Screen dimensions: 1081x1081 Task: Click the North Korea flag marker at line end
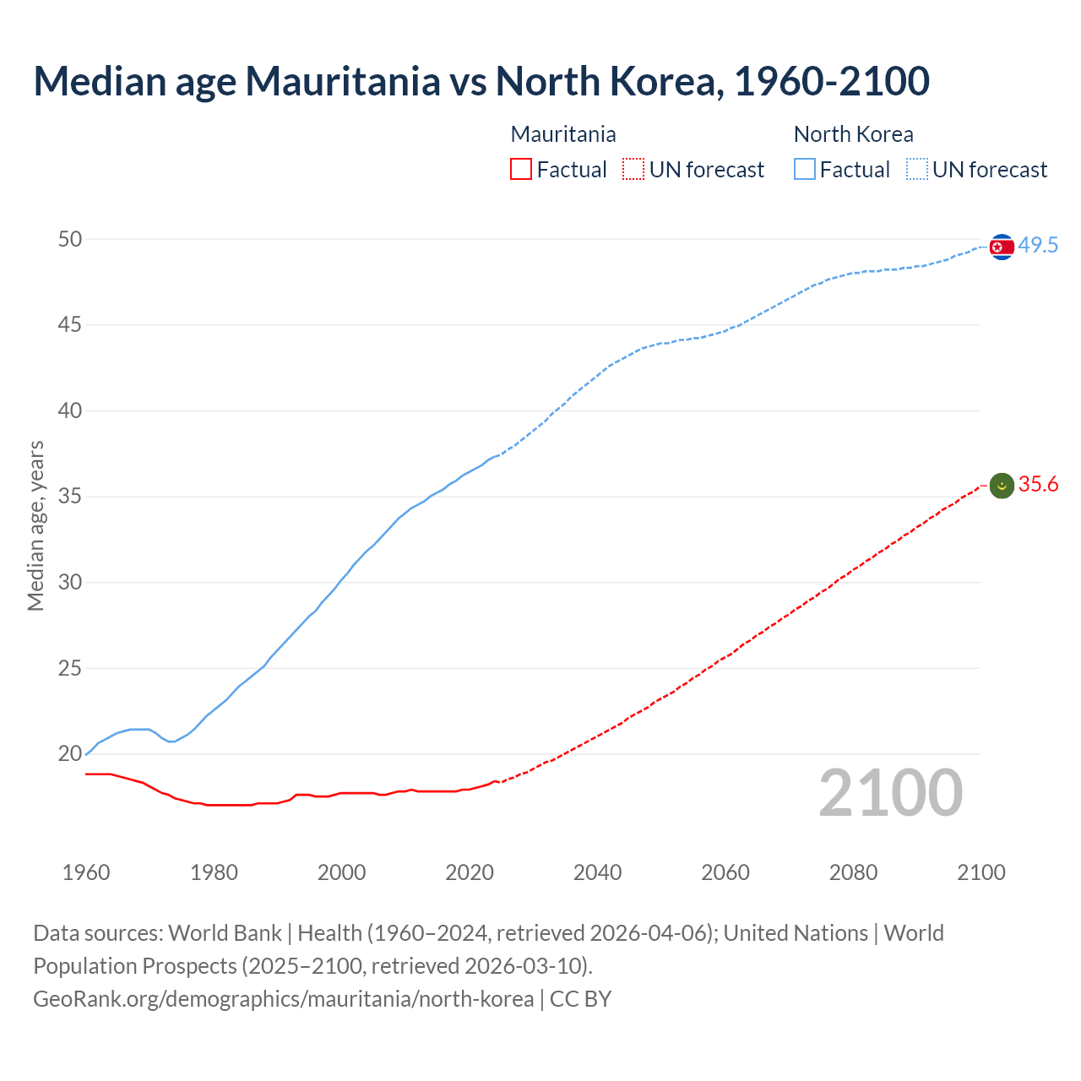[x=1002, y=247]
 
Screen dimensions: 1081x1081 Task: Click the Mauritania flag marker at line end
[x=1002, y=486]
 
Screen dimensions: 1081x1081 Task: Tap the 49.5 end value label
[x=1038, y=246]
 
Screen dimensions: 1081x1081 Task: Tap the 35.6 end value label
[x=1038, y=485]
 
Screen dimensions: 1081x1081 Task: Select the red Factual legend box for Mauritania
[x=521, y=170]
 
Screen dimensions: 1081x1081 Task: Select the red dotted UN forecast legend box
[x=633, y=170]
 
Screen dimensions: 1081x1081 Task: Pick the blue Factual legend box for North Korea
[x=805, y=170]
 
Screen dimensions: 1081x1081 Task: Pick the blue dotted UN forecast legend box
[x=917, y=170]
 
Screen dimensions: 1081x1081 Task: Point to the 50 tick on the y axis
[x=70, y=240]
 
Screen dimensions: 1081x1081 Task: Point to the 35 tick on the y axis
[x=70, y=497]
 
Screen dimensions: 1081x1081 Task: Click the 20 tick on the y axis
[x=70, y=754]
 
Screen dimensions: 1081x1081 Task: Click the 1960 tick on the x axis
[x=86, y=872]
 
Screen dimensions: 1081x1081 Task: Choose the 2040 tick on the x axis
[x=597, y=872]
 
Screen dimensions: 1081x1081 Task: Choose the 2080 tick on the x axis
[x=853, y=872]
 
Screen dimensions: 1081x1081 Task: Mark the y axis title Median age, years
[x=35, y=525]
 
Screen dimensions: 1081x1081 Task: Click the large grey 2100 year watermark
[x=891, y=793]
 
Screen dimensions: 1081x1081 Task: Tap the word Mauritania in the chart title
[x=342, y=82]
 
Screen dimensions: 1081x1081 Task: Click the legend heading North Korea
[x=853, y=134]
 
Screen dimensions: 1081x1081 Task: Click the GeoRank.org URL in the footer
[x=283, y=999]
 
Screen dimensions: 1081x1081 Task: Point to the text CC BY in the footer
[x=580, y=999]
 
